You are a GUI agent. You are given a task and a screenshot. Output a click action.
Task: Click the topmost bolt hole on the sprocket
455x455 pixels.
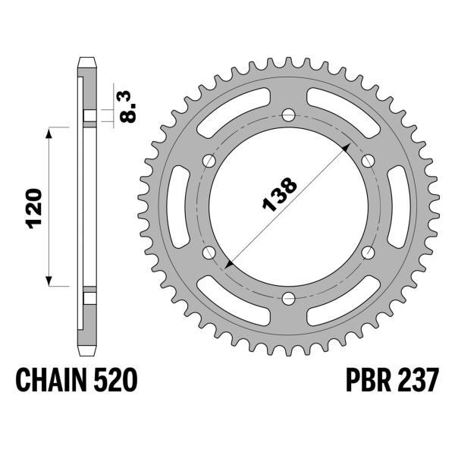tap(289, 115)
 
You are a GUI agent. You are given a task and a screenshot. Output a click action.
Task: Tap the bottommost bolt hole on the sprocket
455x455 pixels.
tap(289, 297)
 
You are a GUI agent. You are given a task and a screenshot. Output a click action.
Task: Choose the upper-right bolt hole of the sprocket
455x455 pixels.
tap(369, 160)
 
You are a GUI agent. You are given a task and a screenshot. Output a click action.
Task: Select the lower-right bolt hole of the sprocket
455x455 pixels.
tap(369, 252)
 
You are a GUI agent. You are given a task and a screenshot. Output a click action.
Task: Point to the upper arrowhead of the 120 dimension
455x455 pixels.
tap(50, 133)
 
